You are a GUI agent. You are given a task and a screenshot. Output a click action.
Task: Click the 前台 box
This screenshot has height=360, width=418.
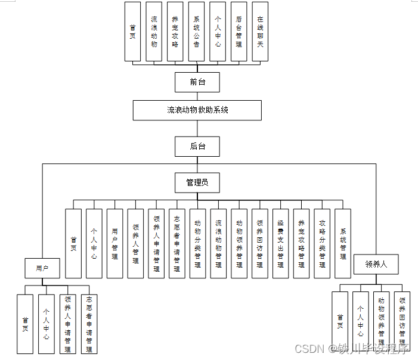[197, 82]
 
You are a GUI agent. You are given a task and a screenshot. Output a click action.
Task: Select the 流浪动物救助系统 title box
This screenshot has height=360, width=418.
[197, 110]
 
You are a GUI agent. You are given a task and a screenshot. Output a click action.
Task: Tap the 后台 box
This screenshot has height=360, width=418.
[197, 146]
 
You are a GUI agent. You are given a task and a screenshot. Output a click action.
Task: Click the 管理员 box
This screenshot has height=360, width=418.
[197, 182]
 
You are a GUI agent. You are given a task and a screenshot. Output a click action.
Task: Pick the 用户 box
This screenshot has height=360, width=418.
[42, 268]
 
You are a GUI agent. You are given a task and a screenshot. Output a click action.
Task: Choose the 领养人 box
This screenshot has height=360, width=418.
[376, 263]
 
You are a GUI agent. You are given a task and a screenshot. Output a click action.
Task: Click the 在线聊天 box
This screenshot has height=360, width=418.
[259, 31]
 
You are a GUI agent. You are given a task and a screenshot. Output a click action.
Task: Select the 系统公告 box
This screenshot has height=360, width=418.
[196, 31]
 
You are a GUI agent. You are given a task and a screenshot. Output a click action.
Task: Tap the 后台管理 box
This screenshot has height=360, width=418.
[239, 31]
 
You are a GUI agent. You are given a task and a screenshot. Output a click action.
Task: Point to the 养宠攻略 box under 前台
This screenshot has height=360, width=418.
[175, 31]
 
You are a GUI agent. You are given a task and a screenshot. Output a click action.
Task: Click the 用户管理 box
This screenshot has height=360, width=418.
[114, 243]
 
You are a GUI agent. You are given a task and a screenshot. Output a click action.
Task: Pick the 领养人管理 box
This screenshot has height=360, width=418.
[135, 243]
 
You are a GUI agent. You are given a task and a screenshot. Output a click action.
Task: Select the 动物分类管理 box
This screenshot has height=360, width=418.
[197, 243]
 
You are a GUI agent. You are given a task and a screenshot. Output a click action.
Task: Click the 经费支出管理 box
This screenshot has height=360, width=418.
[280, 243]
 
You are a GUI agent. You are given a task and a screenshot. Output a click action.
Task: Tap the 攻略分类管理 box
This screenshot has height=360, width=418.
[322, 243]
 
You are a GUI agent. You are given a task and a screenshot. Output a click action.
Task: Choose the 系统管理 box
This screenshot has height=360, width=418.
[343, 243]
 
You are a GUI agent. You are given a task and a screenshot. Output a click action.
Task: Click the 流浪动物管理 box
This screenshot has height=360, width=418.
[218, 243]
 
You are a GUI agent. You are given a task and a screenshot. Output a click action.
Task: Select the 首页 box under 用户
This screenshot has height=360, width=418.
[25, 324]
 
